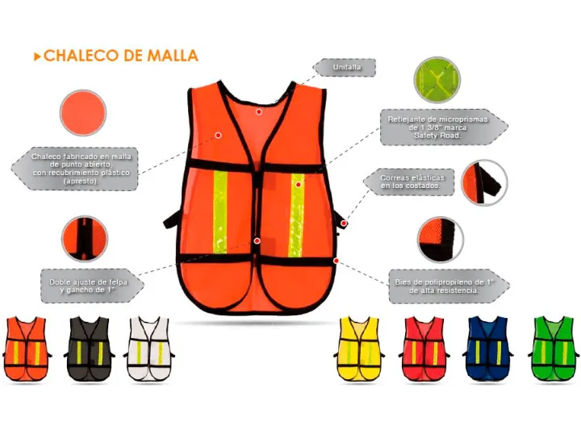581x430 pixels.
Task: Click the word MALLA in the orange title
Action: point(173,56)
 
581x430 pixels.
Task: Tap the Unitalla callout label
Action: point(345,68)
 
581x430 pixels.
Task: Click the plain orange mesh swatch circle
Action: point(83,113)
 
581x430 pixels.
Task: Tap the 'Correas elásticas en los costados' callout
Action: point(409,182)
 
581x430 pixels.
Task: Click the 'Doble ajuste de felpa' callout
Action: point(92,286)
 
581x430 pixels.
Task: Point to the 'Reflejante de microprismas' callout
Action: point(444,127)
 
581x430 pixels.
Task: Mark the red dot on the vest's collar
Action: point(259,111)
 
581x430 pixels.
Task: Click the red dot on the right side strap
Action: point(344,223)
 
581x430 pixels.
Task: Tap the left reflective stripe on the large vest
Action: point(220,212)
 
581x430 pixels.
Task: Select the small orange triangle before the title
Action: point(37,56)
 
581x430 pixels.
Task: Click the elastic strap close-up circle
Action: point(484,182)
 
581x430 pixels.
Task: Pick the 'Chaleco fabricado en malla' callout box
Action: point(75,169)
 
